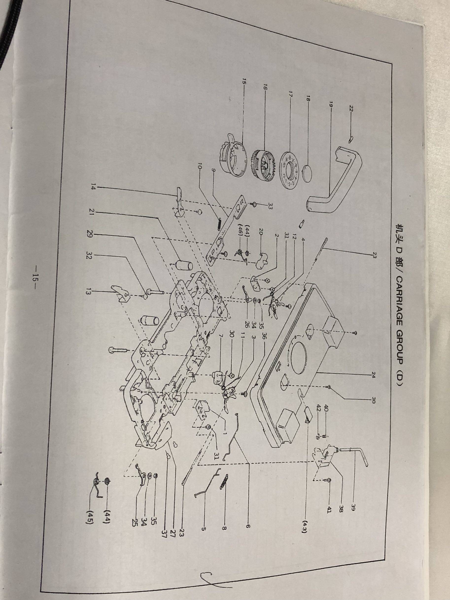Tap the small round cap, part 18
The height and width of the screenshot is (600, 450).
pos(308,175)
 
